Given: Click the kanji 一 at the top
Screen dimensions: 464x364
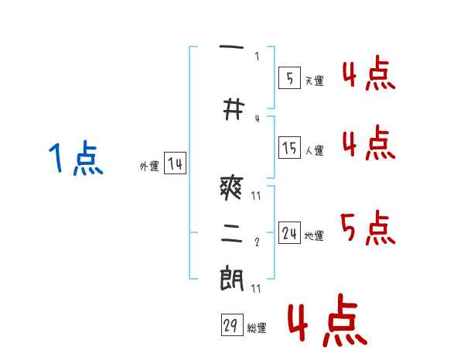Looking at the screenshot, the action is click(231, 46).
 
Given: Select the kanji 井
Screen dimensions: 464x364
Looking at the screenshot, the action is click(234, 109).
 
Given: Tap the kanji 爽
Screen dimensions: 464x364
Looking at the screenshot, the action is click(232, 188).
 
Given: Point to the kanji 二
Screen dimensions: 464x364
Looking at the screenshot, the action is click(232, 233).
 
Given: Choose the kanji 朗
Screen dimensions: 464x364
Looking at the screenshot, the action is click(232, 278).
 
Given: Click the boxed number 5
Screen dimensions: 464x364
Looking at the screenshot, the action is click(290, 78).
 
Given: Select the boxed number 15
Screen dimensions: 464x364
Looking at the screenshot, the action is click(290, 148).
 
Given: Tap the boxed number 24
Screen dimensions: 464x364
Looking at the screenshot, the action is click(290, 233).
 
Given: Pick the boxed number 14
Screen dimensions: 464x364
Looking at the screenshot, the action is click(176, 163).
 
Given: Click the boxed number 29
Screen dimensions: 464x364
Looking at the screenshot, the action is click(232, 325).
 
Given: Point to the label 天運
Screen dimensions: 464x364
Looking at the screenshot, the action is click(315, 81).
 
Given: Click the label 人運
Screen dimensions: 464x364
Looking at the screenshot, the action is click(315, 150).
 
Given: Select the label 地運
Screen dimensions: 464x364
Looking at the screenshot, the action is click(314, 236).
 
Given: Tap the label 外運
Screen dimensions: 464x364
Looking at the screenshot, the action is click(149, 167).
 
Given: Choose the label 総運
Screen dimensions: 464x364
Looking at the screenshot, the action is click(257, 328).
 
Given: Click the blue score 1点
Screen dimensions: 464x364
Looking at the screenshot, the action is click(76, 158).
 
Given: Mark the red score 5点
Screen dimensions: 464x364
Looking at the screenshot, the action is click(368, 228).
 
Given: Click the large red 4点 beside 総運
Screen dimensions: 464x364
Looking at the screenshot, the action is click(328, 321).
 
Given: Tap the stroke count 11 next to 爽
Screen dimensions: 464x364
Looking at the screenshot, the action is click(256, 196).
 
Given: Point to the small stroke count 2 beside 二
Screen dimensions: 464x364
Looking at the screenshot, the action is click(257, 242).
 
